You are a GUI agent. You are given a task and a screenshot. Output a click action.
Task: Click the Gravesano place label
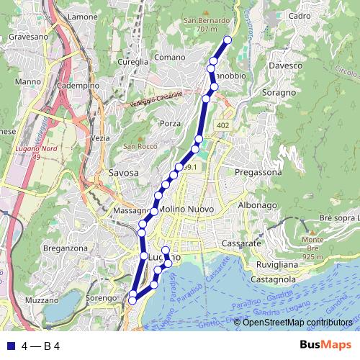(28, 35)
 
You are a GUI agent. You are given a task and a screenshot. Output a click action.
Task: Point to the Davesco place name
(287, 66)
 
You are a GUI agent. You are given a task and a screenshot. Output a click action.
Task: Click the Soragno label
(280, 93)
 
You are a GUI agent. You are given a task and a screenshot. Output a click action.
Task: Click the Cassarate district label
(241, 244)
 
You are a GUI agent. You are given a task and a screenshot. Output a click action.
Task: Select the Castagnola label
(274, 278)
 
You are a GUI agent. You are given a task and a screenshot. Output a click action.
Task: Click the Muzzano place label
(41, 300)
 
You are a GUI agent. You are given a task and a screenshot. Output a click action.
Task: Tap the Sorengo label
(101, 297)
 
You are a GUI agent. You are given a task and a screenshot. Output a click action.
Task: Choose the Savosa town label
(123, 173)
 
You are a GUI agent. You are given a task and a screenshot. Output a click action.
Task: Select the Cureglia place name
(132, 63)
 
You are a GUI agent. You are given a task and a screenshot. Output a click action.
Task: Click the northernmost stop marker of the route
(228, 40)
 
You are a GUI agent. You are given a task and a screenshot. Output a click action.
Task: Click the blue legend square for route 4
(10, 346)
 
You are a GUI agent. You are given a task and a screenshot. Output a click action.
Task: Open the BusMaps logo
(326, 346)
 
